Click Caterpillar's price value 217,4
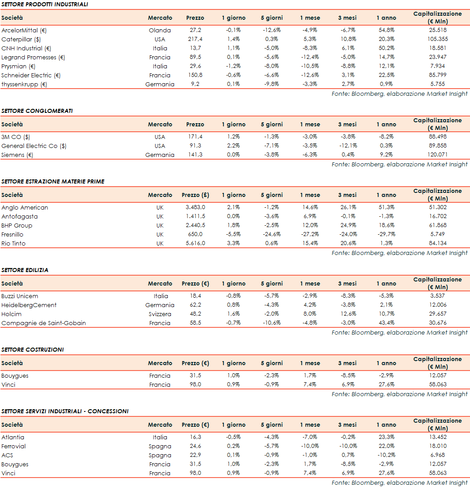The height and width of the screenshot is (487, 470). pyautogui.click(x=195, y=39)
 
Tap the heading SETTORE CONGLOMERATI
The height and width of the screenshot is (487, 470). pyautogui.click(x=37, y=111)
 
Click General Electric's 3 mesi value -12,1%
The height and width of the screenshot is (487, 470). pyautogui.click(x=347, y=146)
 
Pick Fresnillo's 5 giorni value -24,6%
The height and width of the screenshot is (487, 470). pyautogui.click(x=272, y=234)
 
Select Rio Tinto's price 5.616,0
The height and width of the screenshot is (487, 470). pyautogui.click(x=195, y=243)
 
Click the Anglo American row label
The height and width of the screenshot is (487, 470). pyautogui.click(x=25, y=207)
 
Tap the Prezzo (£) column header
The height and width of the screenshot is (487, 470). pyautogui.click(x=195, y=195)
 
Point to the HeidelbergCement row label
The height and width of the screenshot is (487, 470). pyautogui.click(x=29, y=305)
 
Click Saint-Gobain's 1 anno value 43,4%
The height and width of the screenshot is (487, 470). pyautogui.click(x=386, y=323)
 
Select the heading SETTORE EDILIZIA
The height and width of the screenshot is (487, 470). pyautogui.click(x=25, y=270)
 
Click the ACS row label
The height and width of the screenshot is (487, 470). pyautogui.click(x=7, y=455)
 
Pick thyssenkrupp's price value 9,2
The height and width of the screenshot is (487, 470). pyautogui.click(x=195, y=84)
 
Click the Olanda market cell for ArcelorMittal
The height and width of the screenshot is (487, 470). pyautogui.click(x=160, y=30)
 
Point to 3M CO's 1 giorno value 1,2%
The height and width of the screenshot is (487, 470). pyautogui.click(x=233, y=137)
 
